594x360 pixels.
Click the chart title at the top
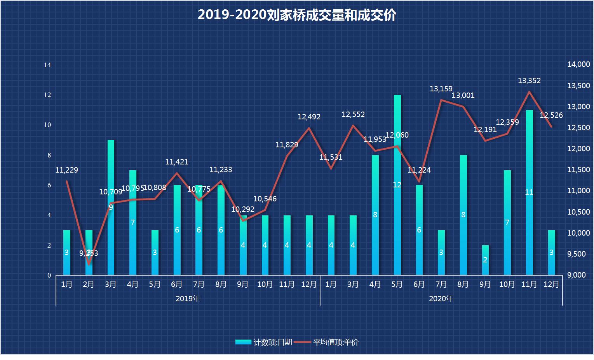point(297,15)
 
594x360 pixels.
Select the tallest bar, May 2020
point(397,185)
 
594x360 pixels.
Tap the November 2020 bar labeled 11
point(529,192)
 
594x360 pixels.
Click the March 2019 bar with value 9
point(111,207)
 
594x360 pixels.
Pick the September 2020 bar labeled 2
point(485,260)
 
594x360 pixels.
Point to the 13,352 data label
point(529,81)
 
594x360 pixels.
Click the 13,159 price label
point(441,89)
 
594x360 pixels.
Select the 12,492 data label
point(309,117)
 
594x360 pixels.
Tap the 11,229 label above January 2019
point(66,170)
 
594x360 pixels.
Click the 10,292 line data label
point(243,209)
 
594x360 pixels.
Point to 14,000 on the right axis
point(578,65)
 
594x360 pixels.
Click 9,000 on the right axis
point(576,275)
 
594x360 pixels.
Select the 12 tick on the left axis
point(47,95)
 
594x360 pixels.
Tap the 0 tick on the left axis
point(49,275)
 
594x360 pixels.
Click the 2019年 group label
point(188,299)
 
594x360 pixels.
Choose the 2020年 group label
point(441,299)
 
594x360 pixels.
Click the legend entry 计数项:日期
point(264,342)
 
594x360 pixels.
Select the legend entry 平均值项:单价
point(326,342)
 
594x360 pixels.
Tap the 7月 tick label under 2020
point(441,284)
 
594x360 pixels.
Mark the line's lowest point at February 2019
point(89,264)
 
